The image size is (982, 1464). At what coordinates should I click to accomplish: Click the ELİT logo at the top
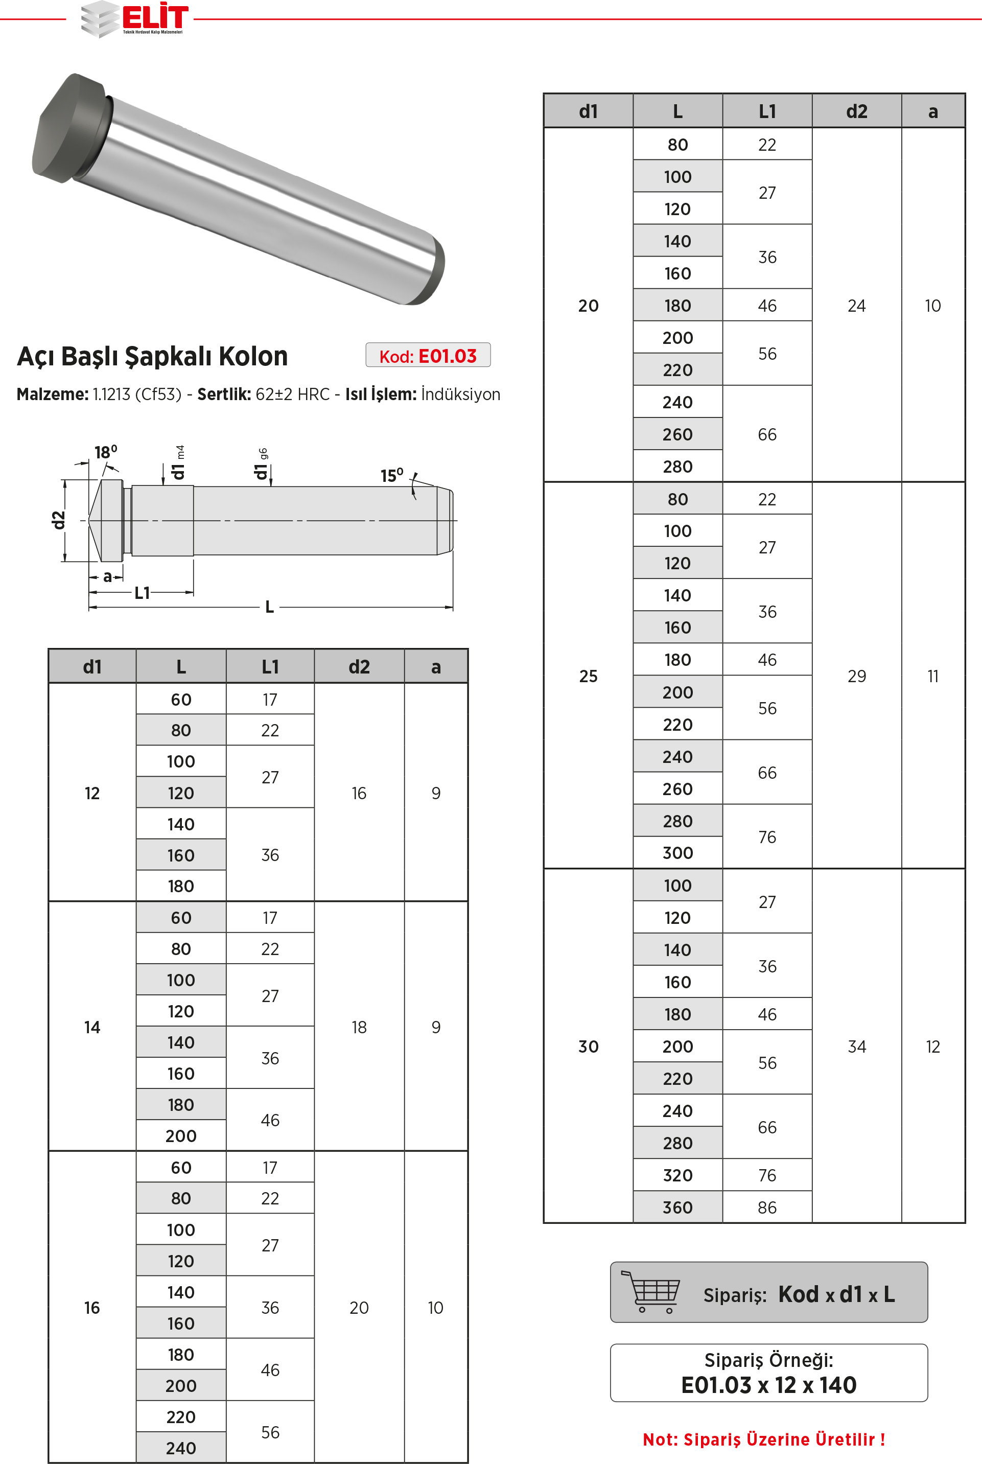135,19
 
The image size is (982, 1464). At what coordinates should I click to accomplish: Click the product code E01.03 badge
428,356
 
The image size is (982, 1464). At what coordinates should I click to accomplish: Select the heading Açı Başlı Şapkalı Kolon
152,356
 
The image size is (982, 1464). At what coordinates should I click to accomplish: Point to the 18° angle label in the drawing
105,452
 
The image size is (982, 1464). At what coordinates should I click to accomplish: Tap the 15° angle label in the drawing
391,475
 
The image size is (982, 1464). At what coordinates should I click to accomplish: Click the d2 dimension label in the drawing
58,520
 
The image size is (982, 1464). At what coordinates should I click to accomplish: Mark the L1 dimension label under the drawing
142,592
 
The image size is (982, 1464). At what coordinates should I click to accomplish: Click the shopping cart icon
649,1291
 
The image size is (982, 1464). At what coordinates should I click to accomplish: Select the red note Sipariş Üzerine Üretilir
763,1439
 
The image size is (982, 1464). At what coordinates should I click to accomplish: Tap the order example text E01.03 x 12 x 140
768,1385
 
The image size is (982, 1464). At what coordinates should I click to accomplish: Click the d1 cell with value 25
588,676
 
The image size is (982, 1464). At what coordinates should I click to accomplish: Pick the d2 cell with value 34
857,1047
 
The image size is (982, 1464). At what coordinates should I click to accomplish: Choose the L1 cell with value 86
767,1207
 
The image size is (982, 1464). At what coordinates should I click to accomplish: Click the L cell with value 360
677,1207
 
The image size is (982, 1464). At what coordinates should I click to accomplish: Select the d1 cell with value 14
92,1027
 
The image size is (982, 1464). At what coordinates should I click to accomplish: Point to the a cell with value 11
932,676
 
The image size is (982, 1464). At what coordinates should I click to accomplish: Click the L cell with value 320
677,1175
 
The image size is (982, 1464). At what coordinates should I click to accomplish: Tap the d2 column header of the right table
857,111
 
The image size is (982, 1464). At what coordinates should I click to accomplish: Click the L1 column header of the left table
270,667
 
